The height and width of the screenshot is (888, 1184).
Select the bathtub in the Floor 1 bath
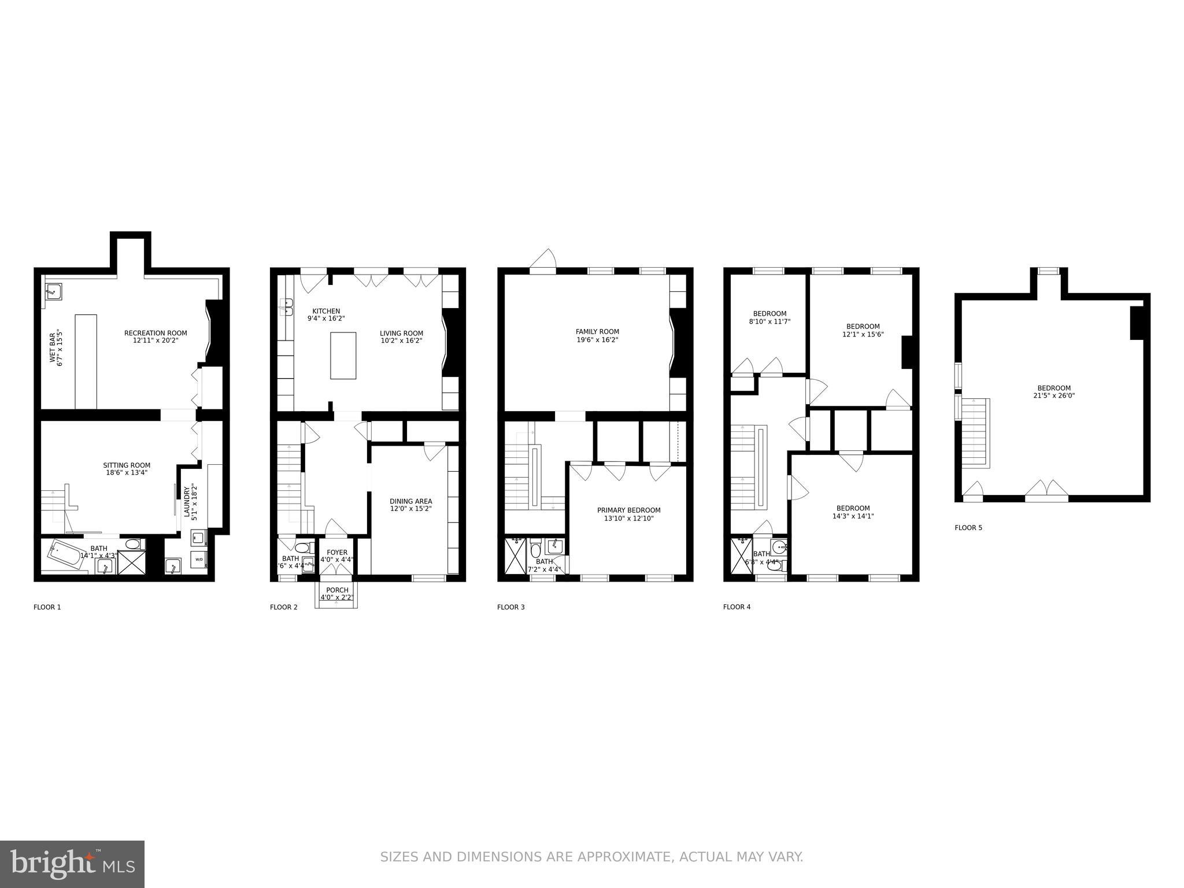[x=64, y=554]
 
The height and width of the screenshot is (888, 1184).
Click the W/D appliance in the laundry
[x=198, y=559]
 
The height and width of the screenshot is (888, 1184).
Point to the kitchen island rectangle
[x=343, y=356]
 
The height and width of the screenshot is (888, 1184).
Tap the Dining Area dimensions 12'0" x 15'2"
[x=410, y=509]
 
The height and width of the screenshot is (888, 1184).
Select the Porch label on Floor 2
[x=337, y=590]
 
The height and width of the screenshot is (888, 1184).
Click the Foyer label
[x=337, y=553]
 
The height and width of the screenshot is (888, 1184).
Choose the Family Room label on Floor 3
[x=597, y=332]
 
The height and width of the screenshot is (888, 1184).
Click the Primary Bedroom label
[x=628, y=510]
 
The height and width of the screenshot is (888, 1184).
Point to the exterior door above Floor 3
[x=543, y=260]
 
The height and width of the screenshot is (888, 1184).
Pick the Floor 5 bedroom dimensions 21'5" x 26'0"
[x=1053, y=396]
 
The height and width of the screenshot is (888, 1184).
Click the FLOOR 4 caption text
[x=737, y=607]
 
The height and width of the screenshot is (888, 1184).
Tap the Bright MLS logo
[x=72, y=864]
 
